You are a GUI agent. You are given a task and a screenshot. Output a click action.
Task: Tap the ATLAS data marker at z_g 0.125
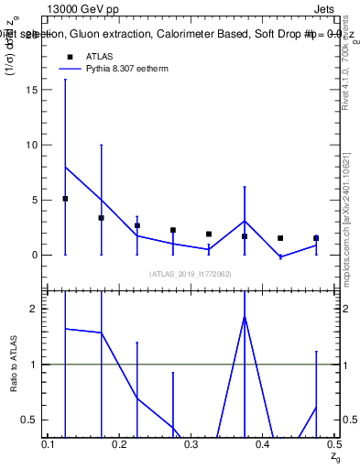click(x=65, y=199)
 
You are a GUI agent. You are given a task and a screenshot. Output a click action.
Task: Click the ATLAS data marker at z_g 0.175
click(x=101, y=218)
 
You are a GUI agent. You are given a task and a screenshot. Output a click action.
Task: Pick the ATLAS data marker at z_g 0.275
click(x=172, y=230)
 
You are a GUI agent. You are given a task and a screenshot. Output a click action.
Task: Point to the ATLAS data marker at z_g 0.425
click(x=280, y=238)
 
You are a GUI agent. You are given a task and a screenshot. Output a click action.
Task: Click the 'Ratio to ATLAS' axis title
click(x=13, y=365)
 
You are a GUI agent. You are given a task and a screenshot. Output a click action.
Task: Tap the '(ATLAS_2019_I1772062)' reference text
click(x=191, y=273)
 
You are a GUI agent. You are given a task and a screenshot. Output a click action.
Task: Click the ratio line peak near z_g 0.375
click(x=245, y=316)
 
